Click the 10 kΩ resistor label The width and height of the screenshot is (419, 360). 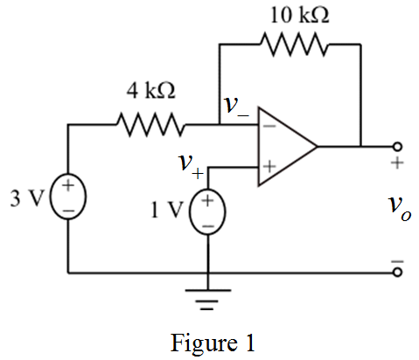coord(300,15)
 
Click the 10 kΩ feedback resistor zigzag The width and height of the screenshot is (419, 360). coord(294,45)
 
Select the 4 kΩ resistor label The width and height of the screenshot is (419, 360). coord(151,91)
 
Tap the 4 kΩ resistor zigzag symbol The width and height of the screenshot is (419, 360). coord(151,125)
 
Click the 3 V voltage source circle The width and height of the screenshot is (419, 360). coord(68,197)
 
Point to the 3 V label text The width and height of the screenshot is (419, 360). coord(27,198)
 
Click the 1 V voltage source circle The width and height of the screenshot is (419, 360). coord(207,211)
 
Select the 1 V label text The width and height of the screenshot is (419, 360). coord(167,210)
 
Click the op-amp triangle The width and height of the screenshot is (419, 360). coord(288,146)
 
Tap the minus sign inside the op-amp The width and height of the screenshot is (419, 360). coord(269,126)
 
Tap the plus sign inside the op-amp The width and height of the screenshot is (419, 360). coord(269,167)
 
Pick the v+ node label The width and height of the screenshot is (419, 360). coord(191,165)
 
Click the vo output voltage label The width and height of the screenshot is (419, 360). coord(400,208)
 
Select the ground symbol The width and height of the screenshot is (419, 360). coord(208,300)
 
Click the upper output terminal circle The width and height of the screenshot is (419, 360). coord(397,147)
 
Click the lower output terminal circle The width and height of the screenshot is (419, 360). coord(397,273)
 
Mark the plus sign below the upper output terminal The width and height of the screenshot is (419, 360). coord(397,163)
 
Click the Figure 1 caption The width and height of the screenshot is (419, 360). coord(213,343)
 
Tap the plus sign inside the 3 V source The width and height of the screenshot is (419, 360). coord(68,185)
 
